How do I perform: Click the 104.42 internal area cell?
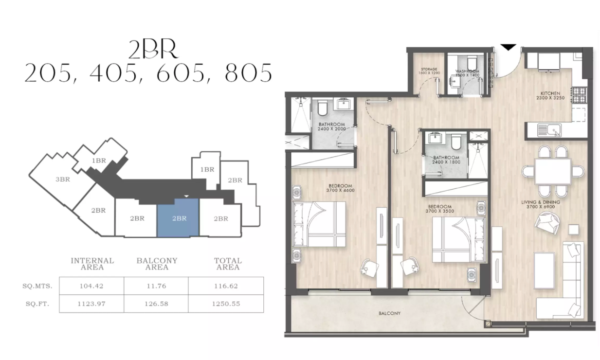pos(91,286)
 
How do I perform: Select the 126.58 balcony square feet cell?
pos(156,304)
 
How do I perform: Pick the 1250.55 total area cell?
pos(226,304)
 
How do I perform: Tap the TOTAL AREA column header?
pos(228,264)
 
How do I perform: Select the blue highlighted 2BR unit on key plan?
pos(178,217)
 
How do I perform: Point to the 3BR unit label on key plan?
pos(63,180)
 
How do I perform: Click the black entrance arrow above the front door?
pos(509,47)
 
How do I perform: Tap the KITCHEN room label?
pos(550,93)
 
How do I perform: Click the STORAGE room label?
pos(429,70)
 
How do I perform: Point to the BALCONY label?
pos(389,314)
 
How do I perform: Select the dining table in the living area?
pos(552,171)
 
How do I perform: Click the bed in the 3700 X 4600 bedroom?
pos(319,225)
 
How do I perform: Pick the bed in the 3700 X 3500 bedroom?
pos(458,239)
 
